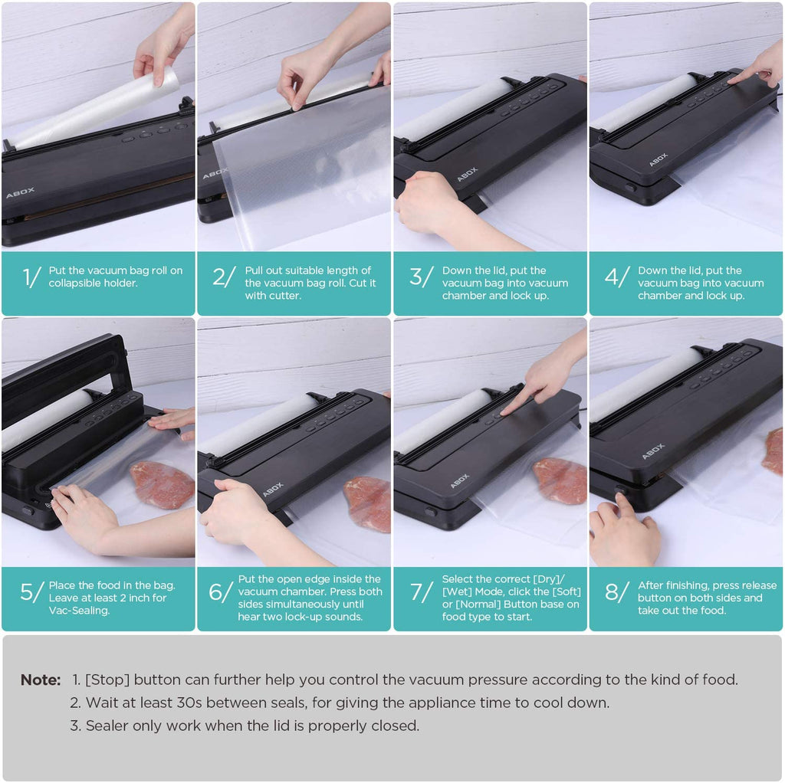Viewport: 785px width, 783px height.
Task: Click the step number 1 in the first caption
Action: point(26,277)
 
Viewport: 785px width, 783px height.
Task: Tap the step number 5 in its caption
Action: point(26,592)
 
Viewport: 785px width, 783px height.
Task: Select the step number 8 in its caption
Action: point(611,592)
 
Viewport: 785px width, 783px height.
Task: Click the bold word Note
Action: point(41,680)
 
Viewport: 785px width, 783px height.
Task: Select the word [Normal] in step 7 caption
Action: point(478,604)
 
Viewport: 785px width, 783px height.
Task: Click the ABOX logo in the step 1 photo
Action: point(21,192)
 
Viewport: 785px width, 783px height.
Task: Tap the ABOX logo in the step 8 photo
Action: point(653,450)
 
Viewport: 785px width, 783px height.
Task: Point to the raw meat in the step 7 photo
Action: point(560,480)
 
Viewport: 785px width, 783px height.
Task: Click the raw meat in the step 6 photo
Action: point(367,504)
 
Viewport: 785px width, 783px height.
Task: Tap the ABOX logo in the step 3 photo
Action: point(467,174)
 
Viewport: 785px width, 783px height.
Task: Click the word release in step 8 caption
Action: point(757,585)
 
